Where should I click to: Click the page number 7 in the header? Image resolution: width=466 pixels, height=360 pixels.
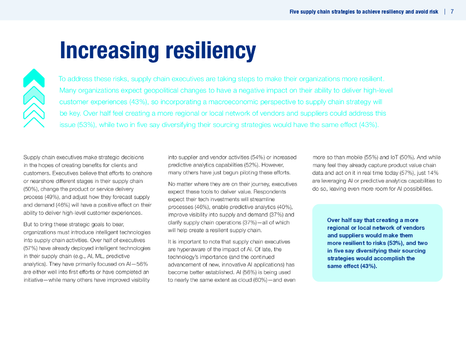tap(452, 12)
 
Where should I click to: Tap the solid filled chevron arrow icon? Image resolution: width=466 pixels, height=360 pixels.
tap(34, 77)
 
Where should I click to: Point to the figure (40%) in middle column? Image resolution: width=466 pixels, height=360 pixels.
tap(284, 207)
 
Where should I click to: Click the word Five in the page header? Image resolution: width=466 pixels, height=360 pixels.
tap(294, 12)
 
